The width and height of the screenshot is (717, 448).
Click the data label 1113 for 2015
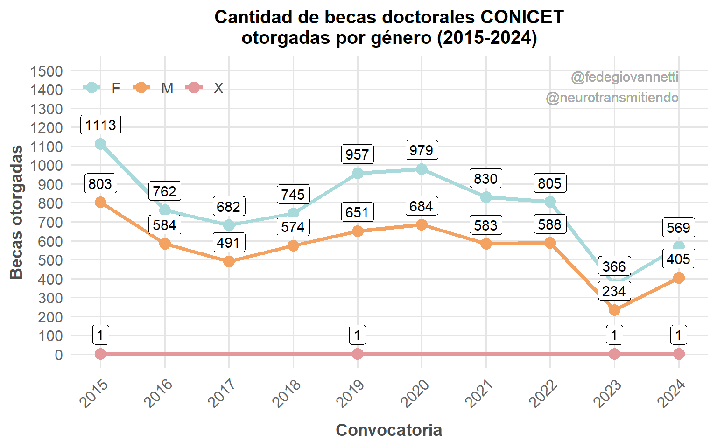click(x=100, y=125)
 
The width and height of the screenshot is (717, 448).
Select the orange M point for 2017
click(x=229, y=261)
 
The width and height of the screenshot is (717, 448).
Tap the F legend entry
click(x=103, y=88)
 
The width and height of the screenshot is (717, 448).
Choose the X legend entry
click(x=205, y=88)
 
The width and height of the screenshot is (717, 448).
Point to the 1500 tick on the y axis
click(x=46, y=71)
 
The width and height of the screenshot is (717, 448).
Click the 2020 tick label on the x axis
click(x=415, y=394)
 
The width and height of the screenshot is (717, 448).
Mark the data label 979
click(x=422, y=150)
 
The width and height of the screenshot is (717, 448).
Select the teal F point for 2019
click(x=358, y=174)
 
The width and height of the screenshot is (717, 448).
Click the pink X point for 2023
click(x=614, y=354)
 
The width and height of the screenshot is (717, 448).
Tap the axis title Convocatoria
click(x=389, y=430)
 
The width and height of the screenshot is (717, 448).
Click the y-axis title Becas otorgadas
click(x=17, y=212)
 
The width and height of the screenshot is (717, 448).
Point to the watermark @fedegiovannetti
click(x=625, y=77)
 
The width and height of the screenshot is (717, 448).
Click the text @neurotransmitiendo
click(x=612, y=98)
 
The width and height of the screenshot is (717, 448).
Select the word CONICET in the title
click(x=522, y=17)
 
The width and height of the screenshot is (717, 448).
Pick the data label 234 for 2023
click(x=614, y=291)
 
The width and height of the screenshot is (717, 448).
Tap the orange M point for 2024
click(x=679, y=278)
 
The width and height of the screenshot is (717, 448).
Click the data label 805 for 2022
click(x=550, y=183)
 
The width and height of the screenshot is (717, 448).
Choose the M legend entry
click(x=154, y=88)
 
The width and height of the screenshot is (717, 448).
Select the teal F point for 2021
click(x=486, y=197)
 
